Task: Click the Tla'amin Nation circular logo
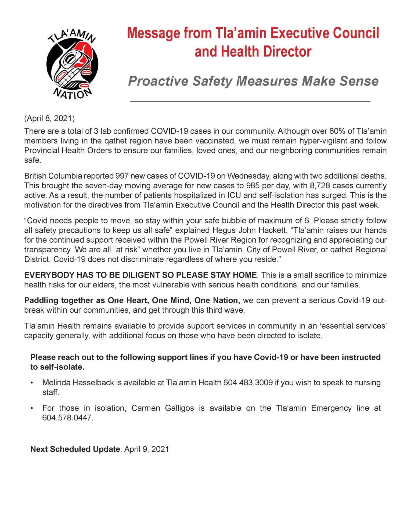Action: [x=72, y=64]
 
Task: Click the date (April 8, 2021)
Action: [x=49, y=118]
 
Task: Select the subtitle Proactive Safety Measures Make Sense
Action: [x=253, y=81]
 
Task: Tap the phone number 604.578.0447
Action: [x=67, y=418]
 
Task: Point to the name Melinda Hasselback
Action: [x=78, y=383]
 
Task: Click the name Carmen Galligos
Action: [x=163, y=408]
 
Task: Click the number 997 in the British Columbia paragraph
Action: [x=122, y=176]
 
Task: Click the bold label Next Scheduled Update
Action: [x=75, y=449]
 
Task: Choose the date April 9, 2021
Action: [x=147, y=449]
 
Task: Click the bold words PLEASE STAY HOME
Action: [x=217, y=275]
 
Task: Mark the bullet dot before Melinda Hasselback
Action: [x=32, y=383]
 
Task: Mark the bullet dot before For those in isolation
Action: [x=32, y=408]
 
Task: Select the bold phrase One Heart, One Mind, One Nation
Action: [x=174, y=300]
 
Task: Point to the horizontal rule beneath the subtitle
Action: [x=250, y=102]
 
